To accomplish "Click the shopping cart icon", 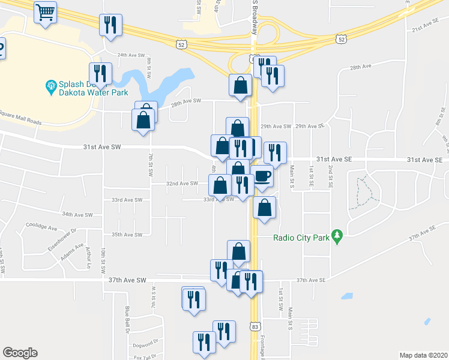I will [x=46, y=12].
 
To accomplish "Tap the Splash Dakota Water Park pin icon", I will [x=50, y=88].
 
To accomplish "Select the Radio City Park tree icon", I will [x=337, y=237].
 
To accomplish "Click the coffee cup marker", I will [x=262, y=176].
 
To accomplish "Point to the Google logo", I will [x=20, y=353].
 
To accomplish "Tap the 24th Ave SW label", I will [x=131, y=55].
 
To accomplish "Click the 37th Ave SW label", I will [x=128, y=280].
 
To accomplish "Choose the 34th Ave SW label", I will [x=77, y=214].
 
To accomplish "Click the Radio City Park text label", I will [x=301, y=238].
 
